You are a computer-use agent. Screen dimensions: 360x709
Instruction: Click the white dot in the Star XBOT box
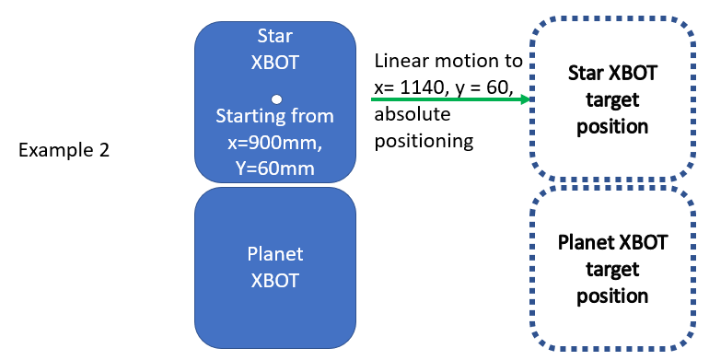[x=275, y=99]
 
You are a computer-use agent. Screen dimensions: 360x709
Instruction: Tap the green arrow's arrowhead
[x=527, y=99]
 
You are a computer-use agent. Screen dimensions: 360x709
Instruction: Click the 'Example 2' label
[x=64, y=150]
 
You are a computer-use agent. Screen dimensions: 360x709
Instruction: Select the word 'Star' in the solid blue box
[x=274, y=37]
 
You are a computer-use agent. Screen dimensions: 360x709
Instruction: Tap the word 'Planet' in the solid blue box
[x=274, y=254]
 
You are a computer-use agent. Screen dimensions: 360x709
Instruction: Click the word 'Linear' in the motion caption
[x=399, y=63]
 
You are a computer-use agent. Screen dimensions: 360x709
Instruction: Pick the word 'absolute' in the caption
[x=408, y=116]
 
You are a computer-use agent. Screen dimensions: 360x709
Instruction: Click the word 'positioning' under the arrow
[x=424, y=142]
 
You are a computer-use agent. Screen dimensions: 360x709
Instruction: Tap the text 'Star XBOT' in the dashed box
[x=613, y=73]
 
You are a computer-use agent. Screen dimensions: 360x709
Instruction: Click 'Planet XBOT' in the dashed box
[x=613, y=244]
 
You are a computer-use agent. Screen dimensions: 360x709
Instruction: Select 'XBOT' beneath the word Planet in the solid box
[x=274, y=281]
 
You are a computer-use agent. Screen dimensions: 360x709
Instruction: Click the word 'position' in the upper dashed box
[x=613, y=126]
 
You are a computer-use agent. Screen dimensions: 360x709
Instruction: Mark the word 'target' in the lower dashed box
[x=613, y=271]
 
